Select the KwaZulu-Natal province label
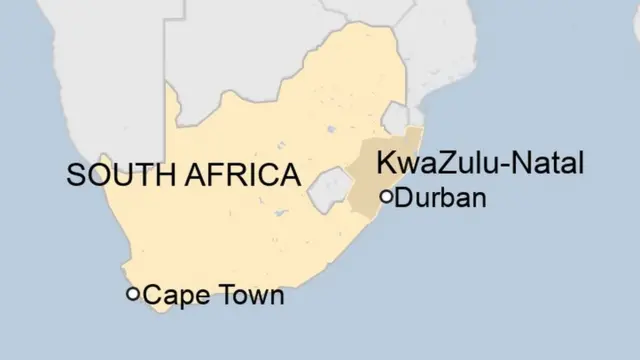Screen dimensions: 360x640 [478, 163]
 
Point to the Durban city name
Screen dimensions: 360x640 [441, 197]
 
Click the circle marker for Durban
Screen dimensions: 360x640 [387, 196]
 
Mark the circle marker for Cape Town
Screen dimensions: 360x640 [132, 294]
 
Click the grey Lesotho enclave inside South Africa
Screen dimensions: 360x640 [331, 190]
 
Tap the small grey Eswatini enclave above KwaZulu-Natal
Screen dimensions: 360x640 [396, 119]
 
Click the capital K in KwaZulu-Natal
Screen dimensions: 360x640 [384, 163]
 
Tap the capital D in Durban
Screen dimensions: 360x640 [403, 197]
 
